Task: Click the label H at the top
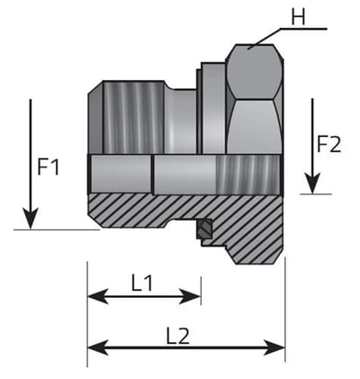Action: click(298, 17)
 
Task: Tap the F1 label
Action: click(48, 167)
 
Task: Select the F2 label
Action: click(329, 144)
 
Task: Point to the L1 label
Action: click(142, 284)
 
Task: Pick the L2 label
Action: click(178, 336)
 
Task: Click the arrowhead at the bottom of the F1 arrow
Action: click(31, 218)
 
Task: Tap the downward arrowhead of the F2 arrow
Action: click(312, 183)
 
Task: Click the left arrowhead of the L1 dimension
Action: click(98, 296)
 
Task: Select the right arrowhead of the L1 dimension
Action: click(190, 296)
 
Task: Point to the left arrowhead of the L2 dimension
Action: click(98, 347)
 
